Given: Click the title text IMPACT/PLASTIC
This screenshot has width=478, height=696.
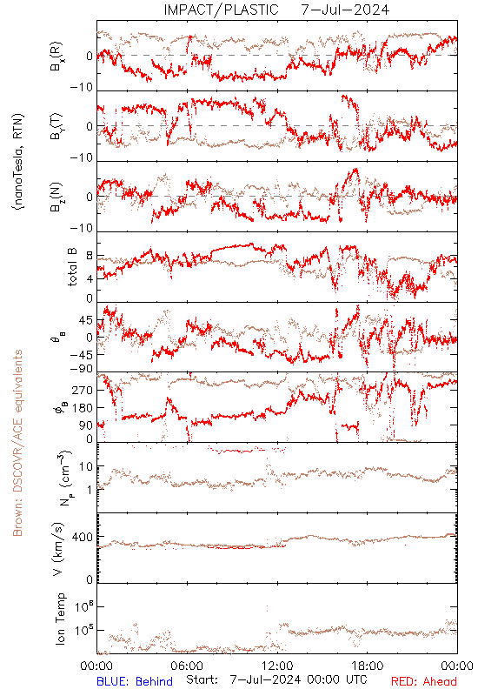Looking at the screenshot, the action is point(222,10).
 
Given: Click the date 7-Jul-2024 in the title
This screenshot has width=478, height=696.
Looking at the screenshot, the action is point(345,10).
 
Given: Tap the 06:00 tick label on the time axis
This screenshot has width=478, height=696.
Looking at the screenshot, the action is point(187,666).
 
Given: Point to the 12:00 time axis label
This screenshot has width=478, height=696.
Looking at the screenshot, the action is point(277,666).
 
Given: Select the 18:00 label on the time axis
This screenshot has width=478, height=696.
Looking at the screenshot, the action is point(368,666).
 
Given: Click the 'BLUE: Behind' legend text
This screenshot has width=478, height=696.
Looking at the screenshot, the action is point(135,682).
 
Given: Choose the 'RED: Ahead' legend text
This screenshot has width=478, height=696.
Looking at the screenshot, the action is point(424,682).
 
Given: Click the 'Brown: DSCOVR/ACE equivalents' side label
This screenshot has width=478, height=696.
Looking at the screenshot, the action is point(17,443).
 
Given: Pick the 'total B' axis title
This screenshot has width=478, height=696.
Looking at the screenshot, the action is point(72,267).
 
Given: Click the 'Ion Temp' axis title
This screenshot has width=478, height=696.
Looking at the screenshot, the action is point(60,619).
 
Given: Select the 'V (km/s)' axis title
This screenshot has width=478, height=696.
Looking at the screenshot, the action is point(58,549).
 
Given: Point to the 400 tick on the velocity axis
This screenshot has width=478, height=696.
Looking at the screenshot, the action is point(83,537).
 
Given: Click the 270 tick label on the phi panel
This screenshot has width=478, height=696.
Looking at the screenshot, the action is point(83,390).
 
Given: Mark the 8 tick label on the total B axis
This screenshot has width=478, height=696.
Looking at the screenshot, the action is point(90,256).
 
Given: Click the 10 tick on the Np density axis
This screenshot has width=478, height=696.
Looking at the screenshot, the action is point(86,466).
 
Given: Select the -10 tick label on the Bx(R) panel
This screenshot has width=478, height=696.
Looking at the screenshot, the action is point(82,88).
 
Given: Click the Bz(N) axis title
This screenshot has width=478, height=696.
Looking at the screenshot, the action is point(56,197).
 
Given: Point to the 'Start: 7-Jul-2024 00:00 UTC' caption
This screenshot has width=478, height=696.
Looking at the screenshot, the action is point(276,680).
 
